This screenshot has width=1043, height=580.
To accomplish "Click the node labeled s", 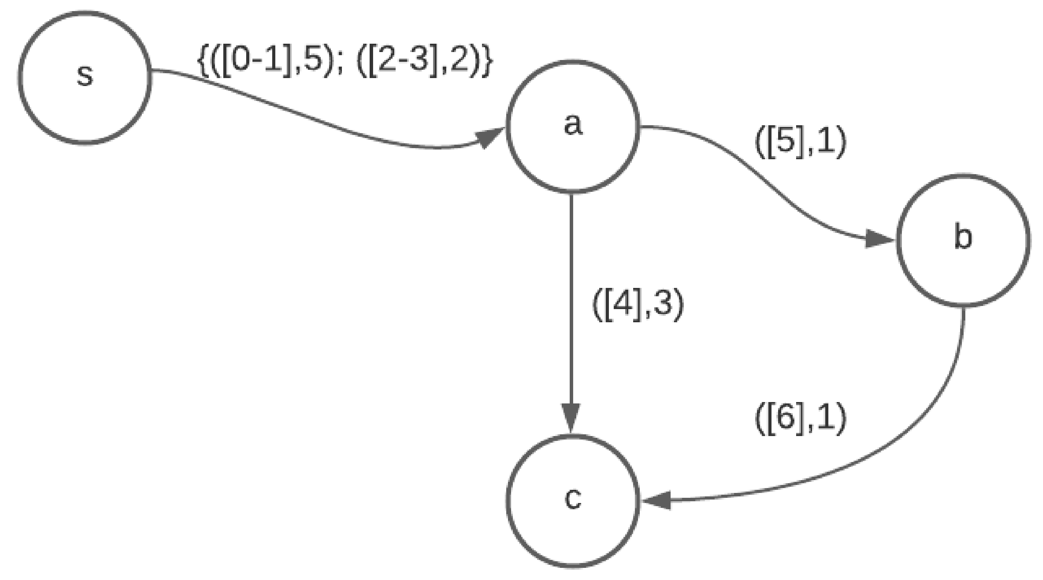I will [85, 77].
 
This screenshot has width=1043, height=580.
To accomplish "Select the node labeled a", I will [572, 126].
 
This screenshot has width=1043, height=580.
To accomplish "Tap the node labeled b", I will [963, 240].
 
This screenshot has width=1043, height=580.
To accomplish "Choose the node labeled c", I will [572, 501].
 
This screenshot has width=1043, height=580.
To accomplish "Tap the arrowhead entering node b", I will [879, 239].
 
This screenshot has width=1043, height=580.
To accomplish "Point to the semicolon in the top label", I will [339, 65].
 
